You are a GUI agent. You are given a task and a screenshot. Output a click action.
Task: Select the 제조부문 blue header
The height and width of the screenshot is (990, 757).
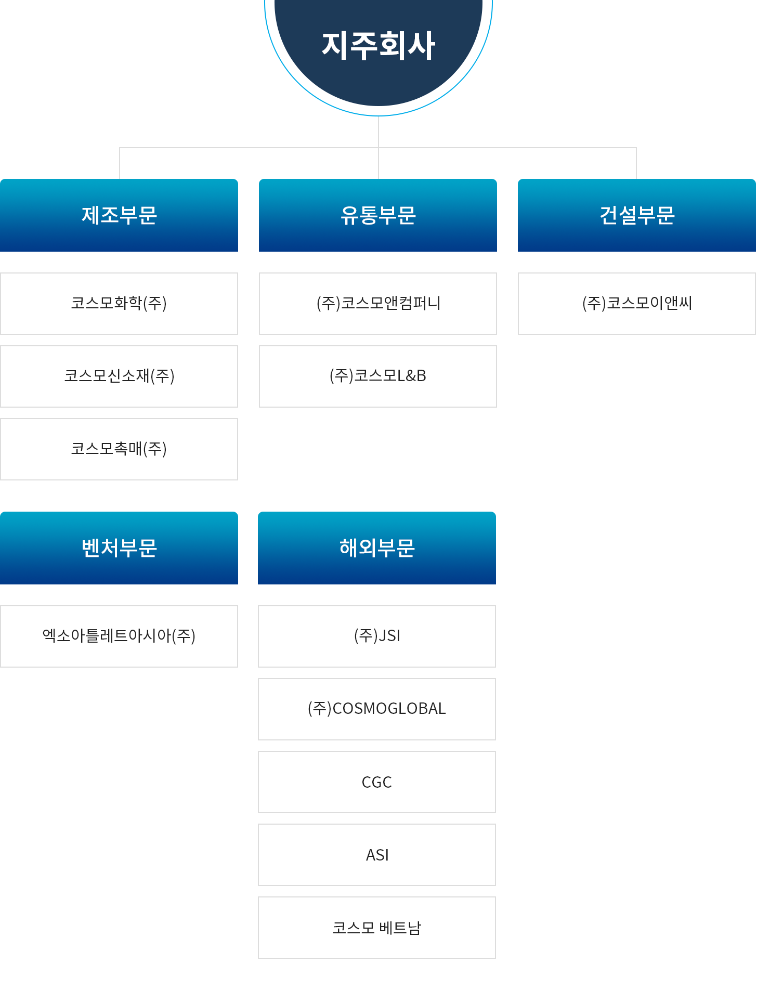(x=119, y=215)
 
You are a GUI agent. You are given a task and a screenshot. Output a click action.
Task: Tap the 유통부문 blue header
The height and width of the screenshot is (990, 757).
(x=378, y=215)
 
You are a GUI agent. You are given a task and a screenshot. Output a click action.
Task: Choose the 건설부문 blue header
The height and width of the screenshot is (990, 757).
(x=637, y=215)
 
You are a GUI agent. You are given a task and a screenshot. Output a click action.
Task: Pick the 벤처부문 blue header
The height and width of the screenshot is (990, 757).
(x=119, y=548)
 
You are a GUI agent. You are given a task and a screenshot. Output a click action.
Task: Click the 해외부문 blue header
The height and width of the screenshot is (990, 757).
(x=377, y=548)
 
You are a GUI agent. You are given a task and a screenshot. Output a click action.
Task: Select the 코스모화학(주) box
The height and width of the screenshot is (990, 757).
(x=119, y=304)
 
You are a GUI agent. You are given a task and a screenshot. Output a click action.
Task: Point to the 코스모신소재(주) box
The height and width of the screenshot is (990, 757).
(x=119, y=376)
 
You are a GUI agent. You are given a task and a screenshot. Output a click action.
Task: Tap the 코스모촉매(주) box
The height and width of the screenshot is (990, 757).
(x=119, y=449)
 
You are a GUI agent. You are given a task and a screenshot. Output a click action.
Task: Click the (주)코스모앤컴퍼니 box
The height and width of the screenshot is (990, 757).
(x=378, y=304)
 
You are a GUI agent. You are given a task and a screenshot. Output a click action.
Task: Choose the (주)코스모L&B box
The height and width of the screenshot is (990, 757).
(x=378, y=376)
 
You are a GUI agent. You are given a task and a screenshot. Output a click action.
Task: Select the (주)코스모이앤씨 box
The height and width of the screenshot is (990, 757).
(x=637, y=304)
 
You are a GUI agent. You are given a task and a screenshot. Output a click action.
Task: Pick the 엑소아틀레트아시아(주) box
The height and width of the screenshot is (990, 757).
(x=119, y=636)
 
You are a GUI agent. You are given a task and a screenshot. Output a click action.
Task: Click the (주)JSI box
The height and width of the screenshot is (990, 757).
(x=377, y=636)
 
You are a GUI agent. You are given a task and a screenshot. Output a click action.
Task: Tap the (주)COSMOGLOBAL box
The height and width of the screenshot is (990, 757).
(x=377, y=709)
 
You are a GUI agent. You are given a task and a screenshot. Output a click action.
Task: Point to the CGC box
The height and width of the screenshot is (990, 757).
(x=377, y=782)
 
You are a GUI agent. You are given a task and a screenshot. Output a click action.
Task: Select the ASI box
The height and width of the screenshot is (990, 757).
(x=377, y=855)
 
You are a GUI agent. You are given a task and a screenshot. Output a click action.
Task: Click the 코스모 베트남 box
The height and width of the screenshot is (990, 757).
(x=377, y=928)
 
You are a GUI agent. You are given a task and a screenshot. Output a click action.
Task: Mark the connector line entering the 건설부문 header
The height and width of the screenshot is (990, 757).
(x=636, y=163)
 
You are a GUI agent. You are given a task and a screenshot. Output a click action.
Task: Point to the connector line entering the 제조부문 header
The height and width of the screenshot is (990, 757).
(x=120, y=163)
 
